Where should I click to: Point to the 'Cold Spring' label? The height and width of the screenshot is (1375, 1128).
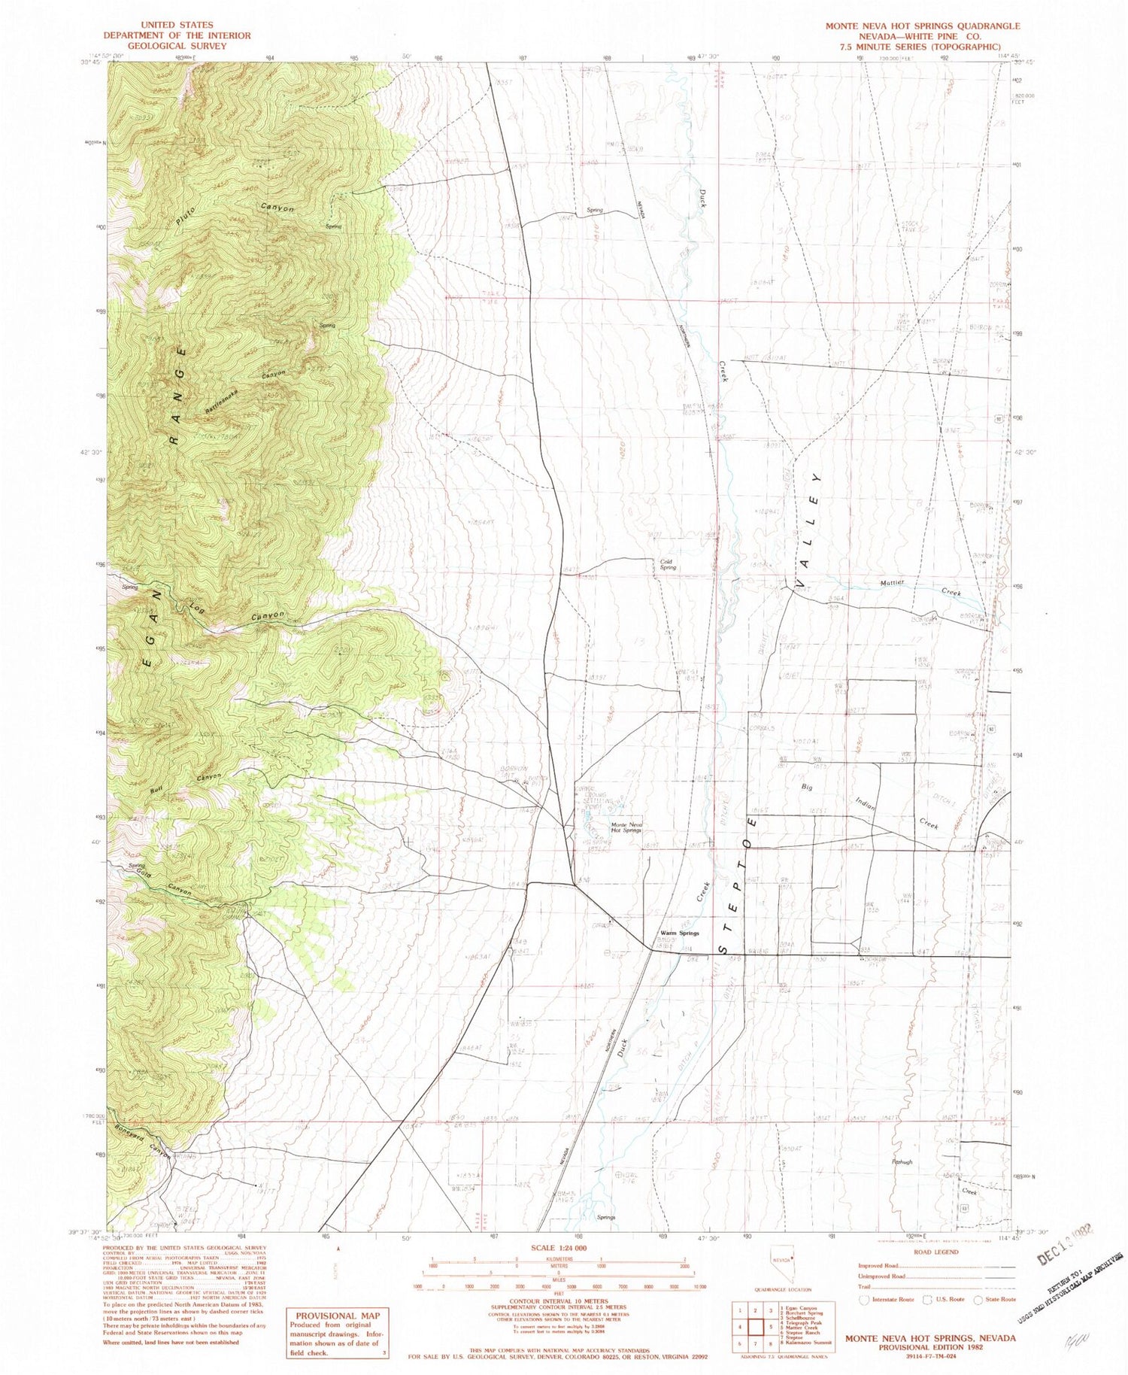668,564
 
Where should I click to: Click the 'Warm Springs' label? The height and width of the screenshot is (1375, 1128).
679,933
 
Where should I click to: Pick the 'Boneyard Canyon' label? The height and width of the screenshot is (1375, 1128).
143,1142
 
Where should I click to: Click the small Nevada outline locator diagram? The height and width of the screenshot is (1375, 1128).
780,1276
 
